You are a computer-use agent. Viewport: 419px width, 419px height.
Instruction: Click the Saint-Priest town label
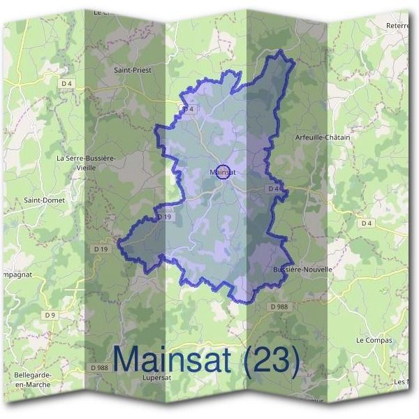point(133,71)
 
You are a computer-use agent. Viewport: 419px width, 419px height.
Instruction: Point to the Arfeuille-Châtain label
point(323,138)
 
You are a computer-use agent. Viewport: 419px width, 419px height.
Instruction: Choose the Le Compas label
point(374,341)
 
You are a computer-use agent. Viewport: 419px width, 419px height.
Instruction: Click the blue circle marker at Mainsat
point(222,171)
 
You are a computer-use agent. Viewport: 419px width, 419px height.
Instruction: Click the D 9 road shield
point(50,315)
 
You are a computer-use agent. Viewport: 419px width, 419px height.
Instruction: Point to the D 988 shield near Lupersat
point(99,367)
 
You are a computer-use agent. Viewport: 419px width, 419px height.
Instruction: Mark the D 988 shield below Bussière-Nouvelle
point(278,307)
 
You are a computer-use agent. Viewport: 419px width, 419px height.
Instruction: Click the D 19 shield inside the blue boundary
point(164,217)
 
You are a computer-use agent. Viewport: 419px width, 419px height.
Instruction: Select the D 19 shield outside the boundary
point(101,249)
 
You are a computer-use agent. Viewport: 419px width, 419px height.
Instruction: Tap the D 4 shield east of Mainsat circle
point(273,189)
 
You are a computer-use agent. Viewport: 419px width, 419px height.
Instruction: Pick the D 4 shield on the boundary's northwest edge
point(187,110)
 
